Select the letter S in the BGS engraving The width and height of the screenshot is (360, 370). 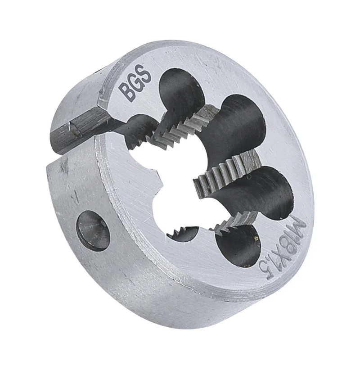point(145,73)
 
